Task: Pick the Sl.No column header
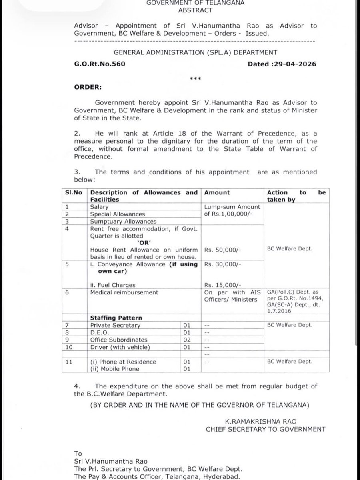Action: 73,192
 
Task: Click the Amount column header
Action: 217,192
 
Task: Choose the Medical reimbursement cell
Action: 116,292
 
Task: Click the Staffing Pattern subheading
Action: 116,318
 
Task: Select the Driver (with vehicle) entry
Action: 120,347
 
